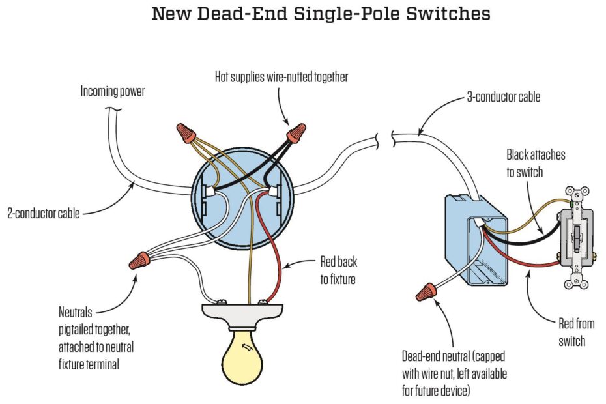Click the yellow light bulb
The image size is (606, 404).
(x=245, y=359)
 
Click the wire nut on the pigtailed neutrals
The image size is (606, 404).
(x=137, y=262)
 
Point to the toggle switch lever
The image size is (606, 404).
(x=577, y=242)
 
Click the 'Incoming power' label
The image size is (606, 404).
(x=112, y=92)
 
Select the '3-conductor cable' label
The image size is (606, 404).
(x=503, y=98)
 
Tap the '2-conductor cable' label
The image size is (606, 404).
(x=44, y=212)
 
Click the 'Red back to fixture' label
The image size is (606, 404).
(x=338, y=270)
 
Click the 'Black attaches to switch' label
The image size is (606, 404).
(x=536, y=163)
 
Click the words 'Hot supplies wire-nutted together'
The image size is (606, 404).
(x=281, y=77)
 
